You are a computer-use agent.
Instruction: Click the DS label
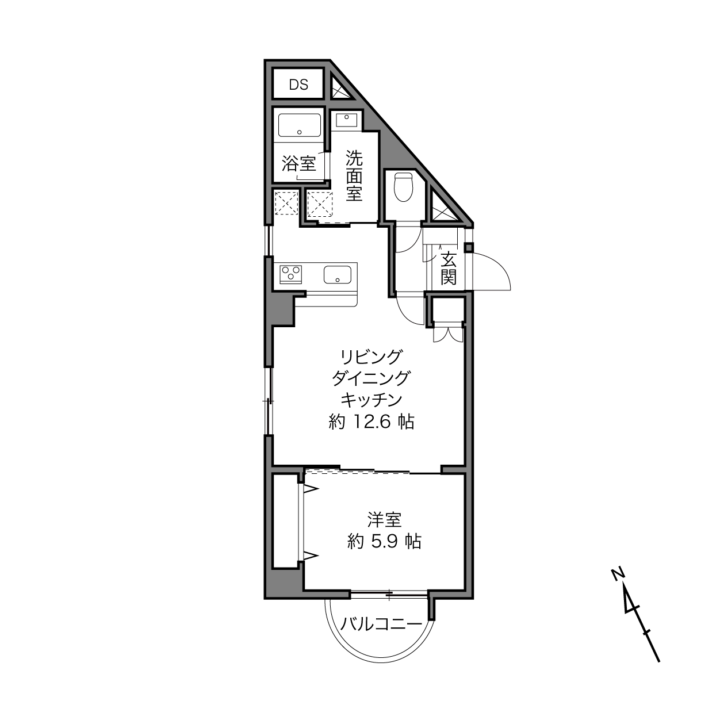[x=298, y=85]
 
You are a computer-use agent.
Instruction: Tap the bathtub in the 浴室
[x=299, y=126]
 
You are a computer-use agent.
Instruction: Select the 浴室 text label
[x=299, y=163]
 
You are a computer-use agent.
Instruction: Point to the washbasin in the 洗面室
[x=346, y=120]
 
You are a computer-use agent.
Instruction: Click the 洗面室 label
[x=354, y=175]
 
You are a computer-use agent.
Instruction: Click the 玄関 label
[x=449, y=269]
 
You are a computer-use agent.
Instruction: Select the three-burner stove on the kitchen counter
[x=291, y=274]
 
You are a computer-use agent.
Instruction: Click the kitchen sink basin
[x=338, y=275]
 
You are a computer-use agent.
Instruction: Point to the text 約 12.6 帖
[x=372, y=422]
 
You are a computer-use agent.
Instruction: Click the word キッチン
[x=371, y=400]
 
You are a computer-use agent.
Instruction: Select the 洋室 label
[x=385, y=520]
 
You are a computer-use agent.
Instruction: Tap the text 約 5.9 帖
[x=385, y=541]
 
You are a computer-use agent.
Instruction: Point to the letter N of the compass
[x=617, y=573]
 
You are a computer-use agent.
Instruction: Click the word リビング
[x=371, y=357]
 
